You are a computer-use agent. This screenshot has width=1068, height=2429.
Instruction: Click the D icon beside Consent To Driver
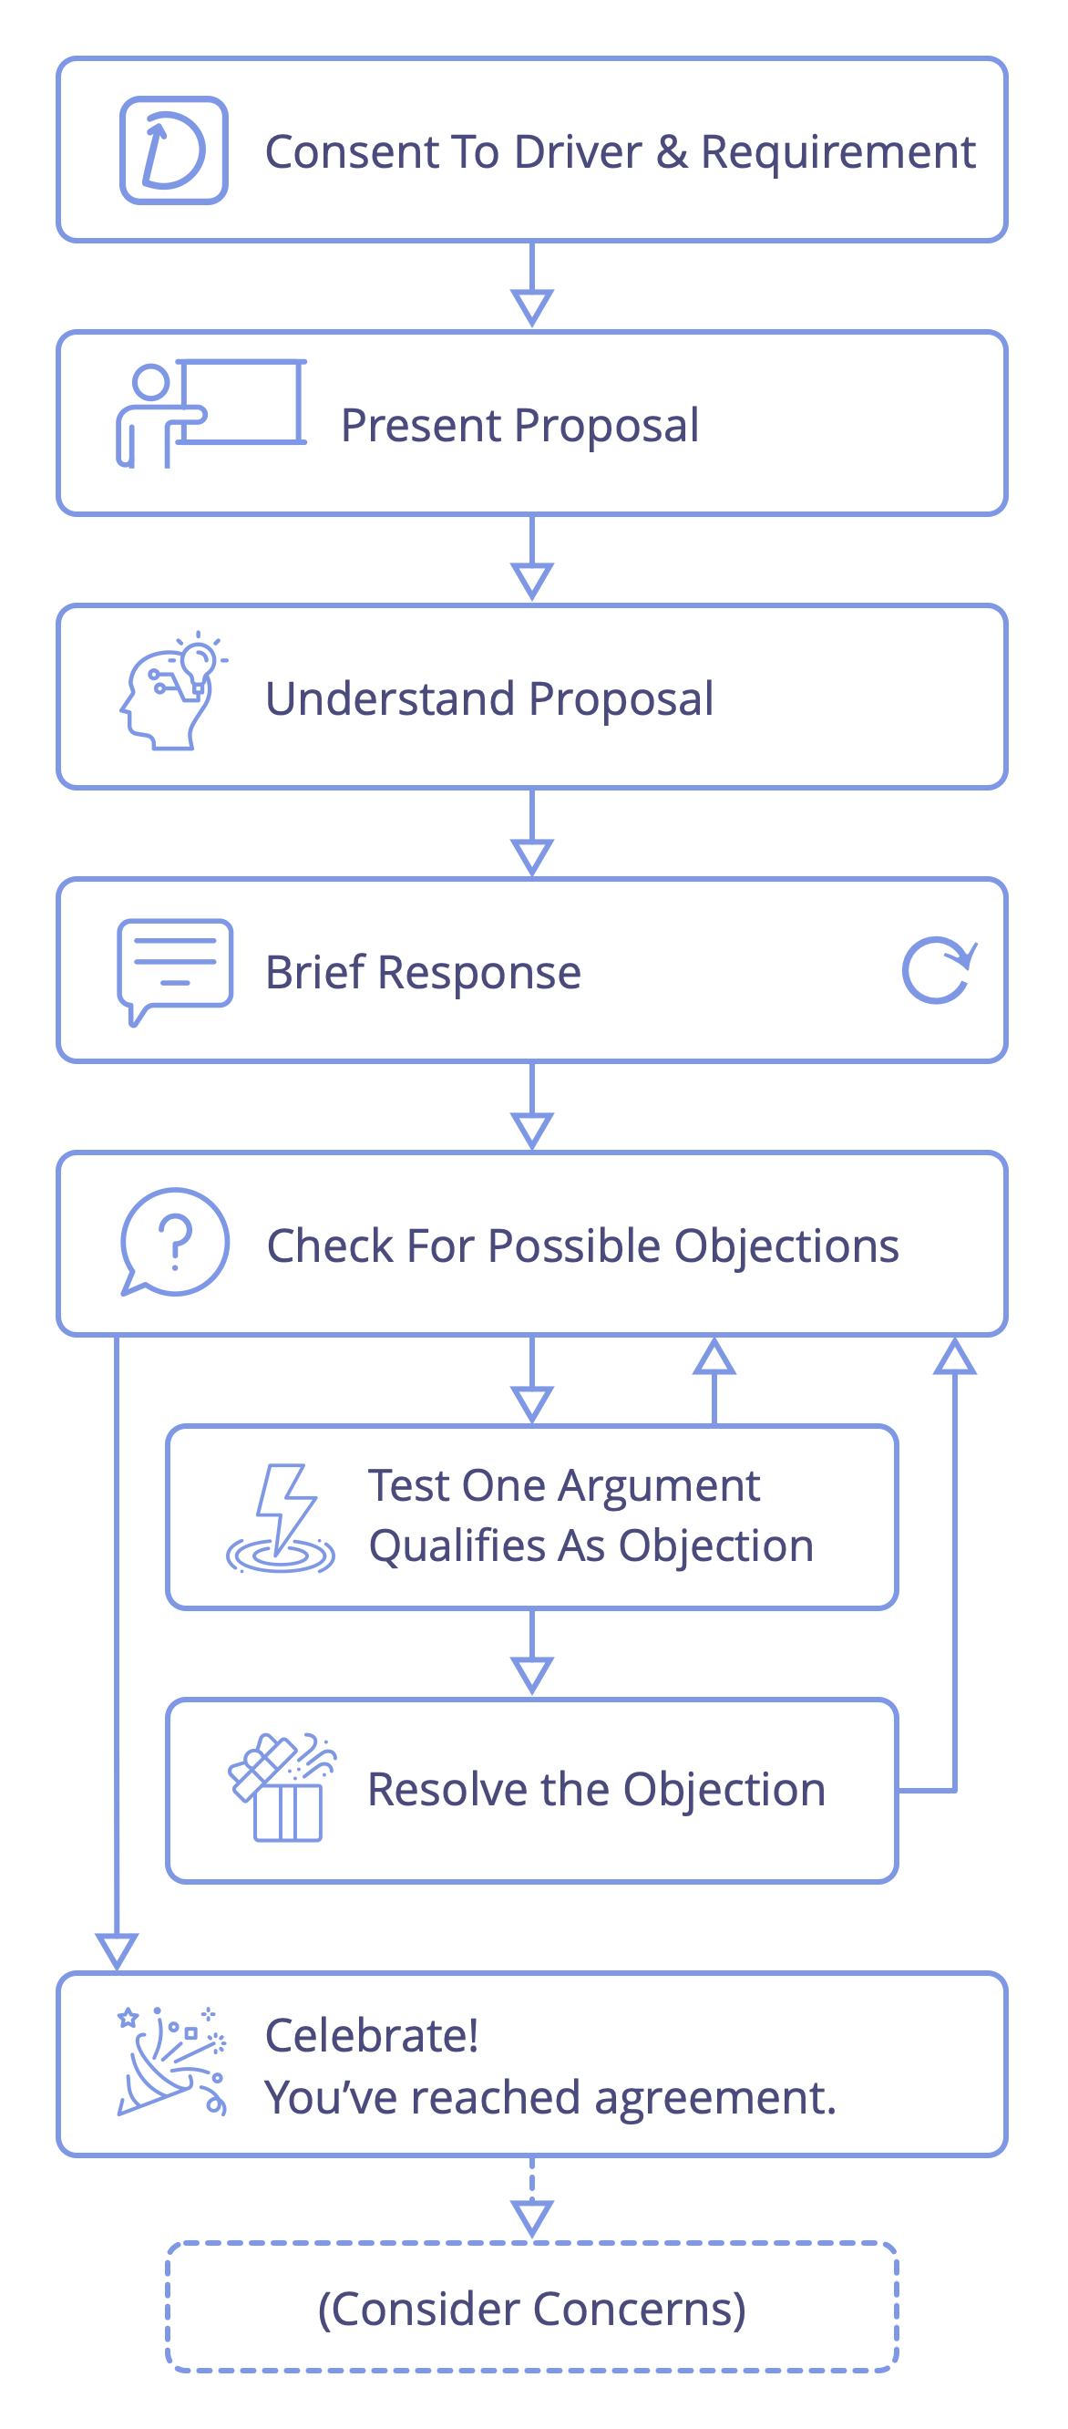tap(173, 150)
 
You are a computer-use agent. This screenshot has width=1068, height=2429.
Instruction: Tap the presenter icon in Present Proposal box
tap(211, 412)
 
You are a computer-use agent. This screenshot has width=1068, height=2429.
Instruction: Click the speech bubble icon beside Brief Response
tap(174, 971)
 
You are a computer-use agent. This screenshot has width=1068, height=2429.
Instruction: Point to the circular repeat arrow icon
tap(939, 970)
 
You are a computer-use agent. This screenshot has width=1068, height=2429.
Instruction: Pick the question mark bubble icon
tap(174, 1242)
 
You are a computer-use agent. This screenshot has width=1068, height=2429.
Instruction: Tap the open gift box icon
tap(282, 1788)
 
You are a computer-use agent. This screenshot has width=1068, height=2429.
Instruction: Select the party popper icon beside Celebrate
tap(172, 2062)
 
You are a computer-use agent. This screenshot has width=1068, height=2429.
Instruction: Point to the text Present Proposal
tap(519, 425)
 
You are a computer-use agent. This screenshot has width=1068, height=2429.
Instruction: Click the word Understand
tap(390, 698)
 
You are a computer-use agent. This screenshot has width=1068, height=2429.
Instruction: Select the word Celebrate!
tap(372, 2035)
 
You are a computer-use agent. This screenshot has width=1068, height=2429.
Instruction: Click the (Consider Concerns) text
tap(531, 2310)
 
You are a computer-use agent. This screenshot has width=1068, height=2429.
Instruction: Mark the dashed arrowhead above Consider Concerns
tap(531, 2218)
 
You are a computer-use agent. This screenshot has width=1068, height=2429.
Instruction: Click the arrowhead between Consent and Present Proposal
tap(531, 307)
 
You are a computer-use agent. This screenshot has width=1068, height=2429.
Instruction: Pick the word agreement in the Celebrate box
tap(714, 2099)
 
